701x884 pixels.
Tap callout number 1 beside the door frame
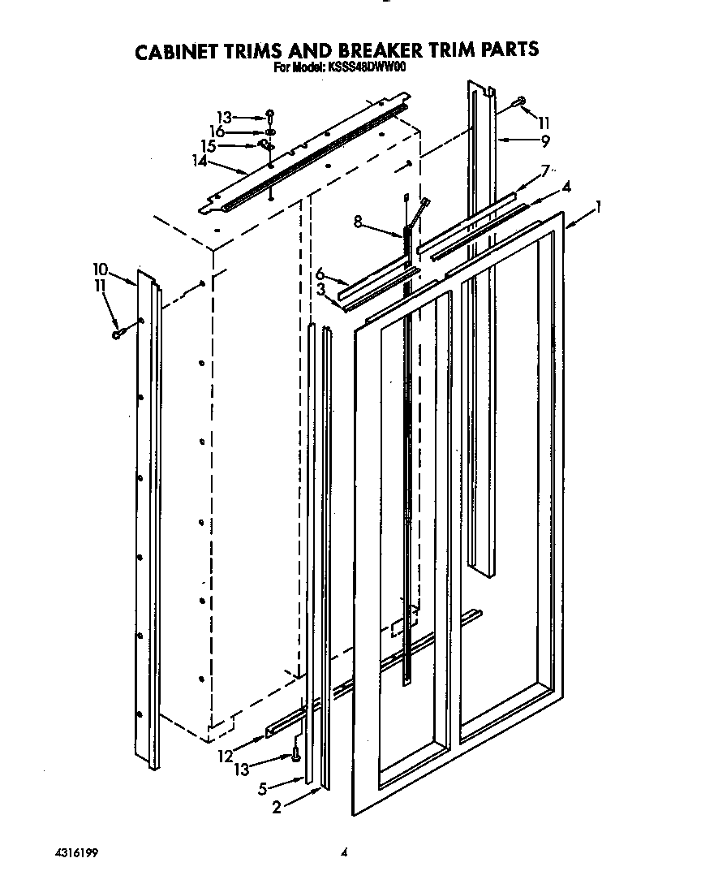598,208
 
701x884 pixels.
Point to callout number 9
544,140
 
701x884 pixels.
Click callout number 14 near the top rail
200,161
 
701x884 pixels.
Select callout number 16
217,131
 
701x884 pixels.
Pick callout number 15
209,146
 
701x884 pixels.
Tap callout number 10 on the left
100,269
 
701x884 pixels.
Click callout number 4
566,187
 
